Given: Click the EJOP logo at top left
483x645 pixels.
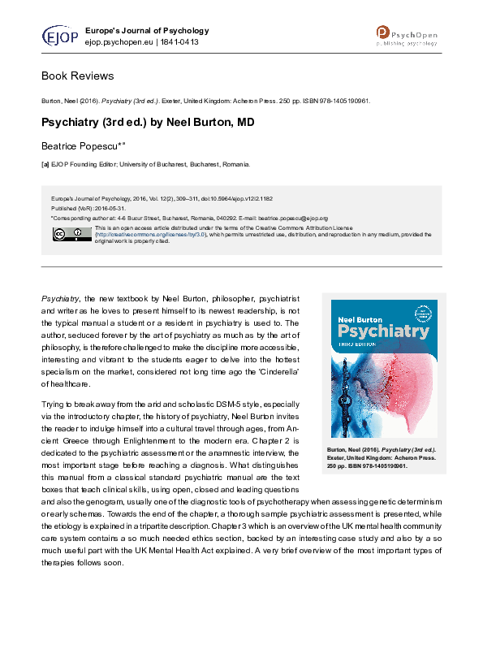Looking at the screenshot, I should [60, 35].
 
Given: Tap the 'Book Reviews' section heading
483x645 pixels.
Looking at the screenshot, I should [77, 76].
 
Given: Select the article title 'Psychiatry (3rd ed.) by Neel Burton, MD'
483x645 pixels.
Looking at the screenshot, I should [148, 123].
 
